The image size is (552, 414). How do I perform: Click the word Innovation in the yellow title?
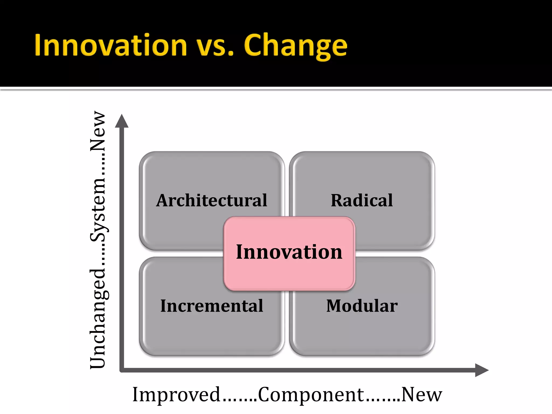pos(111,45)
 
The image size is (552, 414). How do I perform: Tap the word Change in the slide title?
pos(295,46)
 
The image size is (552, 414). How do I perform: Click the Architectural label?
pos(212,201)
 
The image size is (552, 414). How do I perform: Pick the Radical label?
pos(362,201)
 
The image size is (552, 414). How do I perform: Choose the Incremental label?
pos(212,306)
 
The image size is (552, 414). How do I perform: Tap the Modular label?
pos(362,306)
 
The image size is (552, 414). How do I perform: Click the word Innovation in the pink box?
pos(289,252)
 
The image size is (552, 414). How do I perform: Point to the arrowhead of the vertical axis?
pos(122,121)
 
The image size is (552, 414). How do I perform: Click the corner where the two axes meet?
pos(122,370)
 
